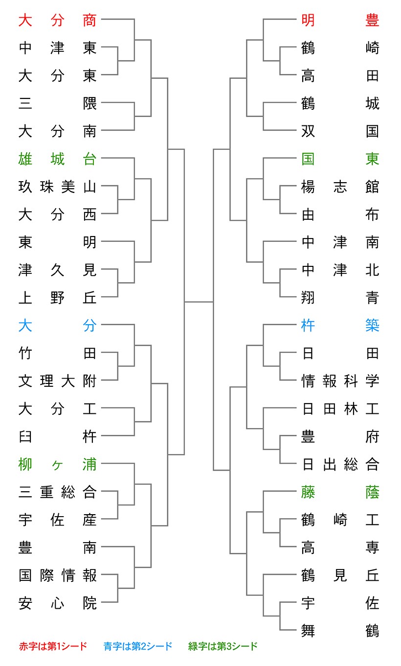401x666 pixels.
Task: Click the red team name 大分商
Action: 57,20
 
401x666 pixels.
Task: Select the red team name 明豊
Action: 340,20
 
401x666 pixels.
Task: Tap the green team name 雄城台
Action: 57,159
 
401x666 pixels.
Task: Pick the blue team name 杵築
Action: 340,325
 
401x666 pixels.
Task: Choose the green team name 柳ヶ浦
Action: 57,464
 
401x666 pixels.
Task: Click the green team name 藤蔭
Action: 340,492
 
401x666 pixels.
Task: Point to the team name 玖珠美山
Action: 57,187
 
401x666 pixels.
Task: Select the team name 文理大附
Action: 57,381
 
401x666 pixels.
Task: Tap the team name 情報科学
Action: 340,381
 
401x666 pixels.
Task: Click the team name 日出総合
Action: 340,464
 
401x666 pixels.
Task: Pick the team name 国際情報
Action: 57,575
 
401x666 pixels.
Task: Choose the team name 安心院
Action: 57,603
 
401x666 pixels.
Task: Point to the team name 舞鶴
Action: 340,631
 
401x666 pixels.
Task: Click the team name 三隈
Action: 57,103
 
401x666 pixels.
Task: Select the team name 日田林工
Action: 340,408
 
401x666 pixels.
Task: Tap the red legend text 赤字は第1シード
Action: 53,646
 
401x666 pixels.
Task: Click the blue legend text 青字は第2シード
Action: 138,646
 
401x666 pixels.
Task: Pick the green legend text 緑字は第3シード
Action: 223,646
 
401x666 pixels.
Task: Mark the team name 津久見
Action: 57,270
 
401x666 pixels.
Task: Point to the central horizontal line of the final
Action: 199,302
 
